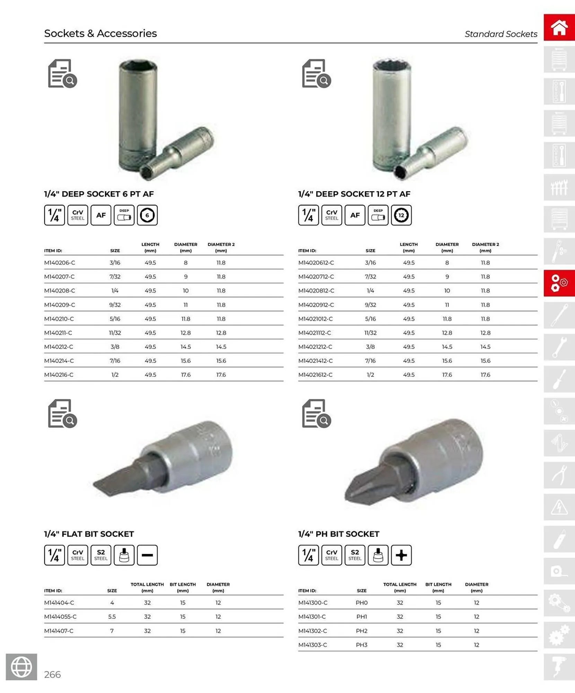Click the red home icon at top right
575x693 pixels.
(559, 27)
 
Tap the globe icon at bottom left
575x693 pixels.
(21, 667)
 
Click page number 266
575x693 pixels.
(52, 674)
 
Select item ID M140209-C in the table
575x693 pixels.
(60, 305)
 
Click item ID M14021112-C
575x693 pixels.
(315, 333)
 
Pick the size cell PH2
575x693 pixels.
(361, 631)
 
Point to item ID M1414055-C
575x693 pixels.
(60, 617)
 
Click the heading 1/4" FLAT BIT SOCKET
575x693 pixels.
(89, 534)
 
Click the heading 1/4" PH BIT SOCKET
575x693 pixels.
(339, 534)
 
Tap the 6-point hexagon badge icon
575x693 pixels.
(147, 215)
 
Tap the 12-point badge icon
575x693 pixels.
(401, 215)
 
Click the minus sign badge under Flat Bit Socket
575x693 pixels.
(147, 555)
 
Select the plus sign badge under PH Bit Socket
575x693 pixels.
(401, 555)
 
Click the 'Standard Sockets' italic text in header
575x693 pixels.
(501, 34)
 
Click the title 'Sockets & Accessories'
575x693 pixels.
(100, 33)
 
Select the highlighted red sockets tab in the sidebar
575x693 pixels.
(559, 283)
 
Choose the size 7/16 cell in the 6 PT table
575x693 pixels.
(115, 361)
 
